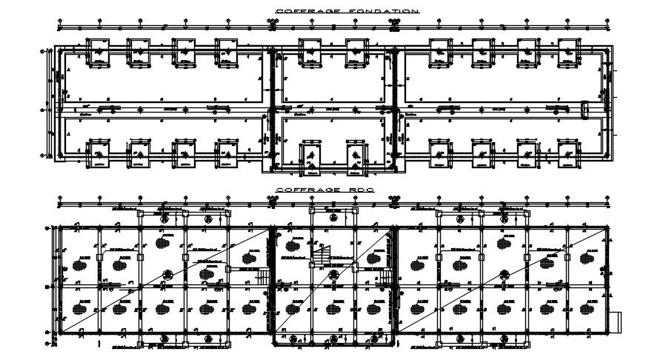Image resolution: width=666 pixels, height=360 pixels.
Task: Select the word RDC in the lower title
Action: point(363,190)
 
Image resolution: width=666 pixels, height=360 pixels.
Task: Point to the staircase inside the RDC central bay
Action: point(322,255)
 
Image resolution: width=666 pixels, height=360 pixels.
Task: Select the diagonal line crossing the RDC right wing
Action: point(504,280)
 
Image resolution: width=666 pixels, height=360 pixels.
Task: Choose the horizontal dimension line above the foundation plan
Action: point(222,28)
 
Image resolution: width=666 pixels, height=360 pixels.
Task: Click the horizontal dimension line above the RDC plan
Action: point(222,203)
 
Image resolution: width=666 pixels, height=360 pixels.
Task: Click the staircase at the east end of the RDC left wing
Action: point(264,277)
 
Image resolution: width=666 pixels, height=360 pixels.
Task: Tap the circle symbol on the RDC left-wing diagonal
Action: point(207,273)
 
